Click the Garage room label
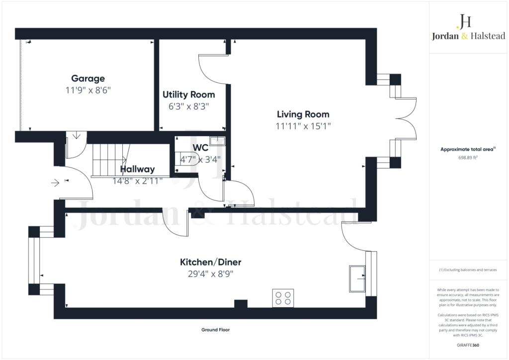[x=88, y=78]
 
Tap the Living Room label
[x=303, y=114]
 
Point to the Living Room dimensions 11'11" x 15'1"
[x=303, y=126]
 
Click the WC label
[x=201, y=148]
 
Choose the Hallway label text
[x=137, y=170]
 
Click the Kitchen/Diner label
[x=210, y=262]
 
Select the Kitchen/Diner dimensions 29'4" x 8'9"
[x=210, y=273]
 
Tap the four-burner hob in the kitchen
[x=283, y=298]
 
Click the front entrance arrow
[x=55, y=182]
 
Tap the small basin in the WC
[x=217, y=141]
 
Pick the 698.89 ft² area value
[x=467, y=157]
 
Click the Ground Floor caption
[x=215, y=330]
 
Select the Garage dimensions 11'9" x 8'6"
[x=88, y=90]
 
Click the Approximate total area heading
[x=467, y=149]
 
